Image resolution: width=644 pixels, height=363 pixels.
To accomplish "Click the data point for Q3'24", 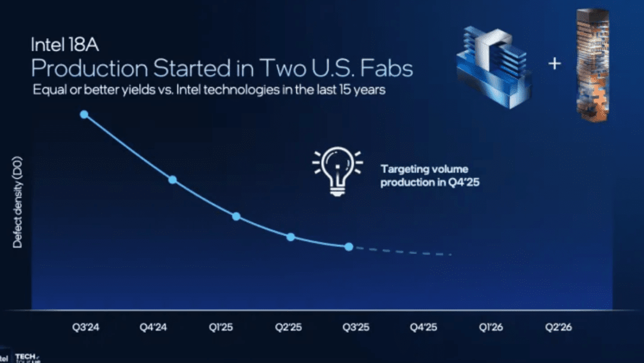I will point(84,114).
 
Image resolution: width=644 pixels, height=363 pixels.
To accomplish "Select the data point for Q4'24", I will point(172,179).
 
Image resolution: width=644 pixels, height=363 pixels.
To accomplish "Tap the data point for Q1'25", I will point(236,216).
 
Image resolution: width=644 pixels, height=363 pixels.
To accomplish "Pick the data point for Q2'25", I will point(290,237).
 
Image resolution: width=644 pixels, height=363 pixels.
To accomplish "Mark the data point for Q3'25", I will point(349,247).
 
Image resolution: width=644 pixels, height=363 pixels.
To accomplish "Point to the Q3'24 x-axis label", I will point(85,327).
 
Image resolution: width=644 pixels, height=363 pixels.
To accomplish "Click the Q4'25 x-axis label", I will point(423,327).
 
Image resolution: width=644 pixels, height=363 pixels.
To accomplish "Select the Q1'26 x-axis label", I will point(491,327).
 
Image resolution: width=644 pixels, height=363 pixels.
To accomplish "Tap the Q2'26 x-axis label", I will point(559,327).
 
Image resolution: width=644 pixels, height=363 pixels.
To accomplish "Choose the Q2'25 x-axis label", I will point(288,327).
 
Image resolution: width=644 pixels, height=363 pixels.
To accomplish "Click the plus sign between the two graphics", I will point(555,63).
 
